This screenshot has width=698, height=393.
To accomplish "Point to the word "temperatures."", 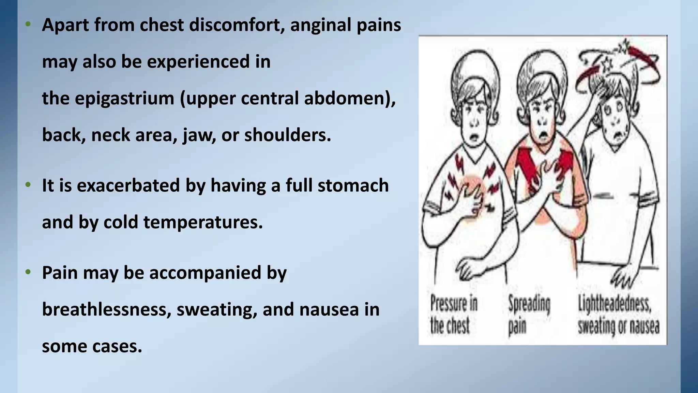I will coord(203,222).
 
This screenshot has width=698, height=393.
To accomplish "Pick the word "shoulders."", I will coord(288,135).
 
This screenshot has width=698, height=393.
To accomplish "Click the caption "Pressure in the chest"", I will coord(453,315).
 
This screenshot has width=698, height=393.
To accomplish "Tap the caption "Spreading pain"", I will coord(529,315).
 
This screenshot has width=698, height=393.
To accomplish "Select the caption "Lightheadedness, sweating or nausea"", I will coord(618,315).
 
